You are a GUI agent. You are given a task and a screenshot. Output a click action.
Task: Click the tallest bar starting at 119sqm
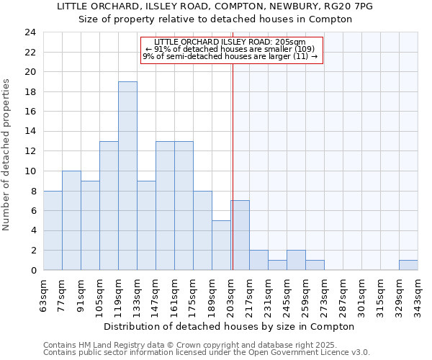coord(127,176)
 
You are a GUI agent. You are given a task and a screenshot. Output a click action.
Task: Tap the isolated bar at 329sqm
coord(408,265)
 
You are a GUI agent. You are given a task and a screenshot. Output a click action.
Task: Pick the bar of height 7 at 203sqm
coord(240,235)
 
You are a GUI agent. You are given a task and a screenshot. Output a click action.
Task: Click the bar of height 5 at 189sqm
coord(221,246)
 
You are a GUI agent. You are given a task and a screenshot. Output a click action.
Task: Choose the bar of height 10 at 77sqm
coord(71,220)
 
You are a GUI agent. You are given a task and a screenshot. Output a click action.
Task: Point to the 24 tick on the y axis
coord(30,32)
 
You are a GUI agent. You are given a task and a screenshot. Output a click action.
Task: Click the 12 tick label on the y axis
coord(30,151)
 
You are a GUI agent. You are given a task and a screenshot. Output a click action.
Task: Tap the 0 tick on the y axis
coord(33,270)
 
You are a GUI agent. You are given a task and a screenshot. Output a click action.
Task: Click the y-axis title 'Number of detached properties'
coord(8,154)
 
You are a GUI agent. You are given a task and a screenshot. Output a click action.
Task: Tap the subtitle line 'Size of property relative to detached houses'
coord(215,19)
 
